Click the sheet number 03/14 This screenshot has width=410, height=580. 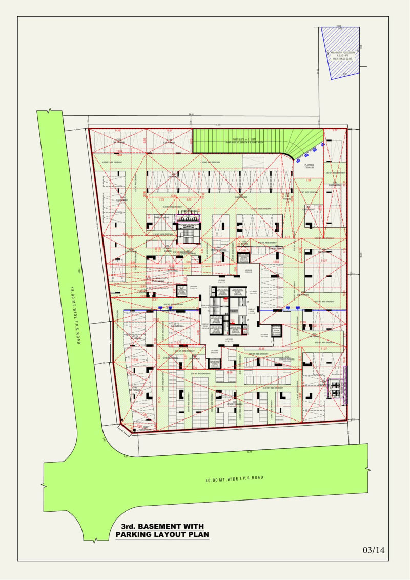pyautogui.click(x=373, y=550)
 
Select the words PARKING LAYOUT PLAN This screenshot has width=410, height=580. pyautogui.click(x=162, y=535)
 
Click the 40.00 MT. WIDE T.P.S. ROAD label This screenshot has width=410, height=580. pyautogui.click(x=234, y=478)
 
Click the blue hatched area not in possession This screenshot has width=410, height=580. pyautogui.click(x=339, y=51)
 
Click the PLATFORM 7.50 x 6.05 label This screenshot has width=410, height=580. pyautogui.click(x=309, y=167)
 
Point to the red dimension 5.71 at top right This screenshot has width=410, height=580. pyautogui.click(x=335, y=131)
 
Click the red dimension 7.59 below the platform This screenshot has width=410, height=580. pyautogui.click(x=309, y=181)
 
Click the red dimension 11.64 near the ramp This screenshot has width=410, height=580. pyautogui.click(x=170, y=131)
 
